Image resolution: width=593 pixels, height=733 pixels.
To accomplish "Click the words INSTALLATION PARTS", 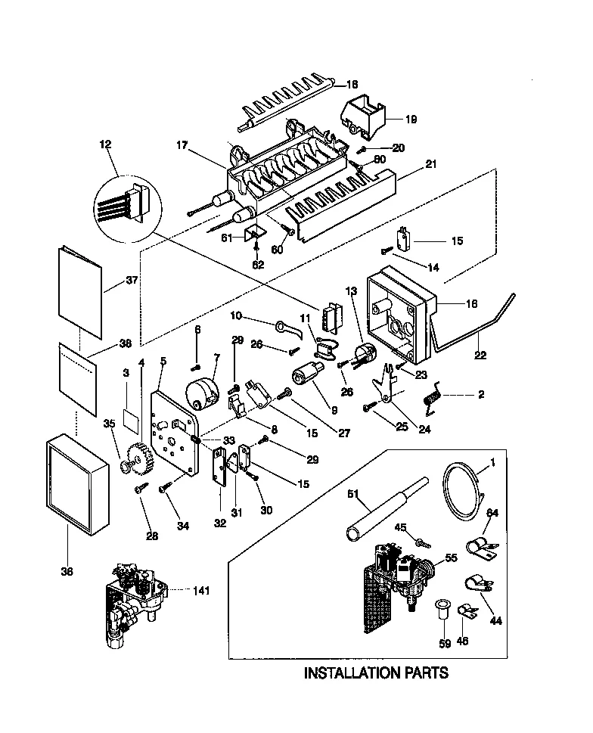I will coord(376,672).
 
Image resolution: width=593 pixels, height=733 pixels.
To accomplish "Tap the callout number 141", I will coord(201,590).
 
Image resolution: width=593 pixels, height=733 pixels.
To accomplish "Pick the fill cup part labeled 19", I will coord(365,116).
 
